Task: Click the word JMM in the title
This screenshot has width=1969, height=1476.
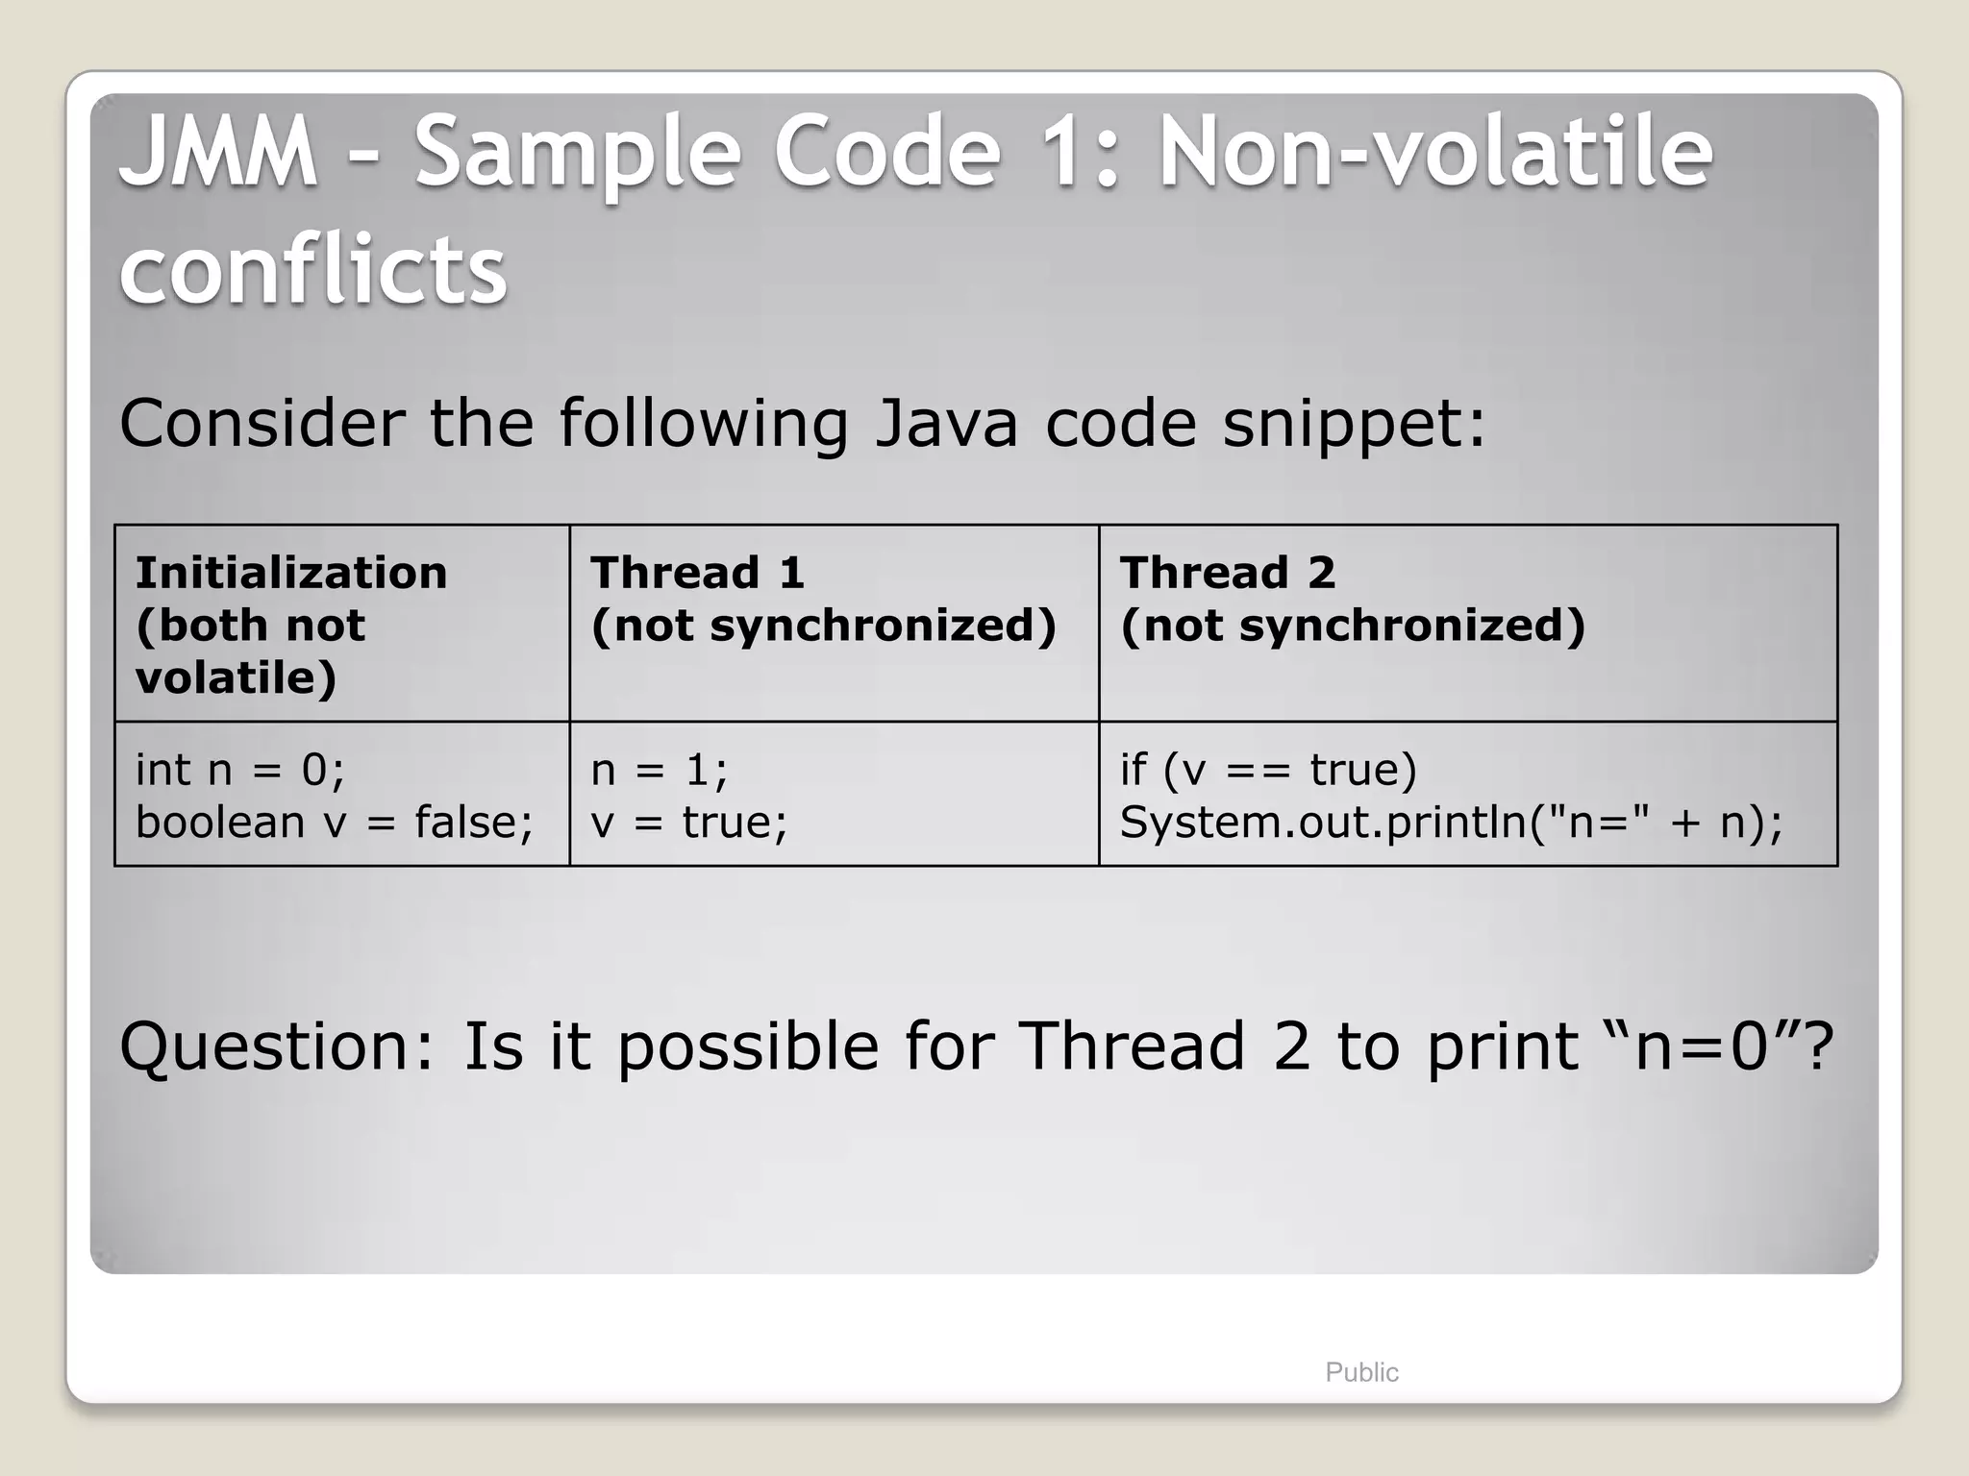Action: [218, 152]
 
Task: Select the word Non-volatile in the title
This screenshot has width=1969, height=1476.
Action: [1434, 152]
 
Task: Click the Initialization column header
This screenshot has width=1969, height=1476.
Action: [291, 573]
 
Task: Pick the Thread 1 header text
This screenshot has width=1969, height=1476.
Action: [697, 573]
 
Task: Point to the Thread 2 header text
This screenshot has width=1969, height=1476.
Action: [1228, 573]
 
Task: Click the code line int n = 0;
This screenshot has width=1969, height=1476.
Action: [239, 770]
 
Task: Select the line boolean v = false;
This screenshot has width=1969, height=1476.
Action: [334, 823]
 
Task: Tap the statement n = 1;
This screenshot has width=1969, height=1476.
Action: [660, 770]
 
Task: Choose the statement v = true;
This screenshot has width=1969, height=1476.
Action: [688, 823]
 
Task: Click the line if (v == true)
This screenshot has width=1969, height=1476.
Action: [1268, 770]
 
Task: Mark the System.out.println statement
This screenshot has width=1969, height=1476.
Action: [1451, 823]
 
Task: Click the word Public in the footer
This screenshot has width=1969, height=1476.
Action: [1361, 1372]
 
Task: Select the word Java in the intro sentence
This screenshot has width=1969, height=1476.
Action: [945, 424]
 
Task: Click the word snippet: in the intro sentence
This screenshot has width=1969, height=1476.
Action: [1354, 424]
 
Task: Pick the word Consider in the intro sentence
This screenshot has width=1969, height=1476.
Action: [261, 424]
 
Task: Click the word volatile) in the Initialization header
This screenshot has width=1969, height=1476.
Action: [236, 678]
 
